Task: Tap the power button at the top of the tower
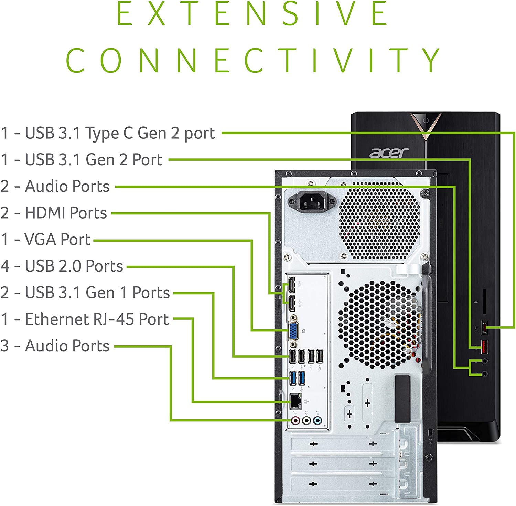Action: [426, 120]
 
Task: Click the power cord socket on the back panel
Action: [312, 202]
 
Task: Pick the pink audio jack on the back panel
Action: [295, 420]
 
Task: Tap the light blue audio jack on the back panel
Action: [318, 420]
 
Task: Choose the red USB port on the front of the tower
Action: [484, 347]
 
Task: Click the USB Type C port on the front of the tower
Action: [485, 327]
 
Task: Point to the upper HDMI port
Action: [292, 284]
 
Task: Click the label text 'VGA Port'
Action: [57, 240]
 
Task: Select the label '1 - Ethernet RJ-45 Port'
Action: [85, 319]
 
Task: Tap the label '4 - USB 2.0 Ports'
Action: [62, 266]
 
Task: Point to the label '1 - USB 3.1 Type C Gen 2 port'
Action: [108, 133]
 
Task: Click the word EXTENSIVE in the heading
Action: [252, 14]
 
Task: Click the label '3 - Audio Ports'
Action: [55, 346]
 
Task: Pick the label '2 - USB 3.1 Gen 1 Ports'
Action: [85, 293]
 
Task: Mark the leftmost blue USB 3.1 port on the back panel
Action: [293, 378]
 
